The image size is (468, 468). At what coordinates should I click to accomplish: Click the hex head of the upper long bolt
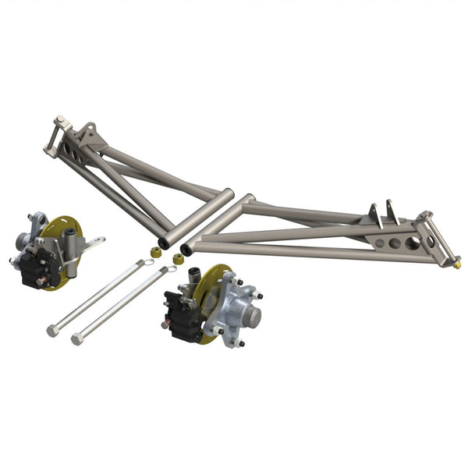click(52, 330)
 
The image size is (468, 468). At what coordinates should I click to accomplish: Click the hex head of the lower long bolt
click(76, 339)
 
